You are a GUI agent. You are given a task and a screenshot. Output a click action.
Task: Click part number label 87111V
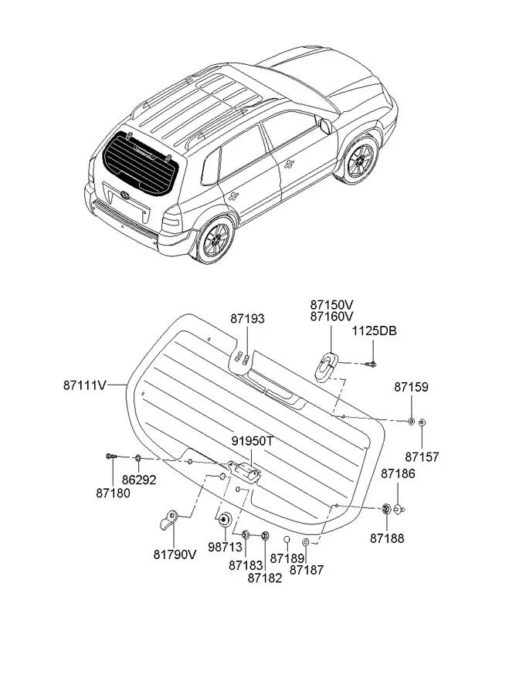pyautogui.click(x=94, y=383)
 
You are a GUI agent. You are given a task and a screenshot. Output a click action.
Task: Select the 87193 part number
pyautogui.click(x=246, y=319)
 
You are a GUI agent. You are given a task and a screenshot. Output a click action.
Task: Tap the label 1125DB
pyautogui.click(x=375, y=331)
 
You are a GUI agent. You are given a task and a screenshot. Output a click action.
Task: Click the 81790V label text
pyautogui.click(x=175, y=554)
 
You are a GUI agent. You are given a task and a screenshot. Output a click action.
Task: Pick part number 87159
pyautogui.click(x=411, y=387)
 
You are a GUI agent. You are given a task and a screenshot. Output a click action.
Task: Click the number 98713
pyautogui.click(x=224, y=546)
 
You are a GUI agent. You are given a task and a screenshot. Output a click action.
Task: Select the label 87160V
pyautogui.click(x=331, y=317)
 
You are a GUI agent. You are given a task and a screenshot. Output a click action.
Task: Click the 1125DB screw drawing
pyautogui.click(x=373, y=363)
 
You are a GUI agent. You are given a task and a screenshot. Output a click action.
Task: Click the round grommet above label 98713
pyautogui.click(x=225, y=519)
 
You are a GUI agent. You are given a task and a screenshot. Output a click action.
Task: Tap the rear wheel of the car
pyautogui.click(x=213, y=239)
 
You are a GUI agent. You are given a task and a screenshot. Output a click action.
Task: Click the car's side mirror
pyautogui.click(x=326, y=126)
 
